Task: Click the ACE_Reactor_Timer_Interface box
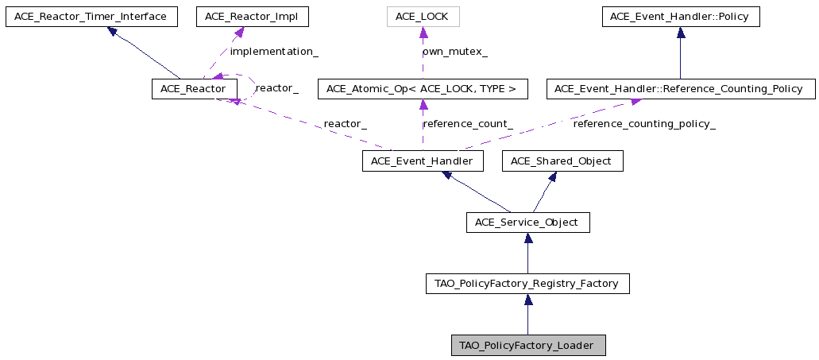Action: tap(91, 16)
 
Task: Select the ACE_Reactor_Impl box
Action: tap(253, 16)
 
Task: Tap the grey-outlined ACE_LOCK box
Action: tap(423, 16)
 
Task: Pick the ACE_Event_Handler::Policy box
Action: tap(681, 16)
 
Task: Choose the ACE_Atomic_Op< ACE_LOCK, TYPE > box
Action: tap(423, 89)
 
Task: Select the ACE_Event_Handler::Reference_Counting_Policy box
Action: tap(681, 89)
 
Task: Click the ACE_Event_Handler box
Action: tap(423, 161)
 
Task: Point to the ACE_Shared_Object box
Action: tap(562, 161)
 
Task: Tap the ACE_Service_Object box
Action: tap(528, 223)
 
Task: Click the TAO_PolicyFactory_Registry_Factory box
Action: tap(527, 284)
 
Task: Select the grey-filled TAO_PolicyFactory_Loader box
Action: tap(528, 346)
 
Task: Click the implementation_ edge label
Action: tap(274, 52)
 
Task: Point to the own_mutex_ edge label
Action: tap(455, 52)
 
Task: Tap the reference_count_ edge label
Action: tap(467, 124)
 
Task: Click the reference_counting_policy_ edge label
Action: tap(644, 124)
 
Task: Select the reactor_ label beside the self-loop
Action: tap(276, 88)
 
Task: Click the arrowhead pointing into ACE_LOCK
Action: tap(423, 33)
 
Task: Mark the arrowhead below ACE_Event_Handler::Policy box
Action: tap(681, 33)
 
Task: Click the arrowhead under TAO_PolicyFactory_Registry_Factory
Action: tap(528, 300)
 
